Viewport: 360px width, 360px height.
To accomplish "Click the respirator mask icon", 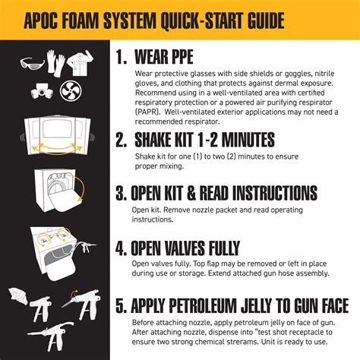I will (43, 90).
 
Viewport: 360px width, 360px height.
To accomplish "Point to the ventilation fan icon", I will (74, 90).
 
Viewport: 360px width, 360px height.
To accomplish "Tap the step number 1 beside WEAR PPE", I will (121, 58).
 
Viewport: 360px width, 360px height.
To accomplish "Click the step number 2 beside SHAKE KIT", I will (122, 140).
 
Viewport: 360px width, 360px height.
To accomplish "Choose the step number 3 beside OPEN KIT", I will (122, 193).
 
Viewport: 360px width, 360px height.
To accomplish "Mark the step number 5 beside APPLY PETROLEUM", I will (122, 307).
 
